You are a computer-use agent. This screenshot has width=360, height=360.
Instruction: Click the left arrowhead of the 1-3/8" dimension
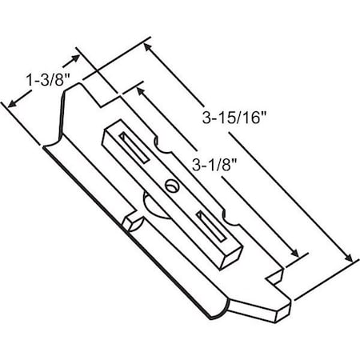pos(11,103)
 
